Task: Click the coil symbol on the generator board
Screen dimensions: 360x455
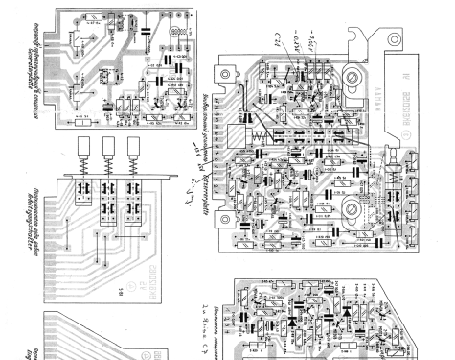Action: [177, 35]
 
